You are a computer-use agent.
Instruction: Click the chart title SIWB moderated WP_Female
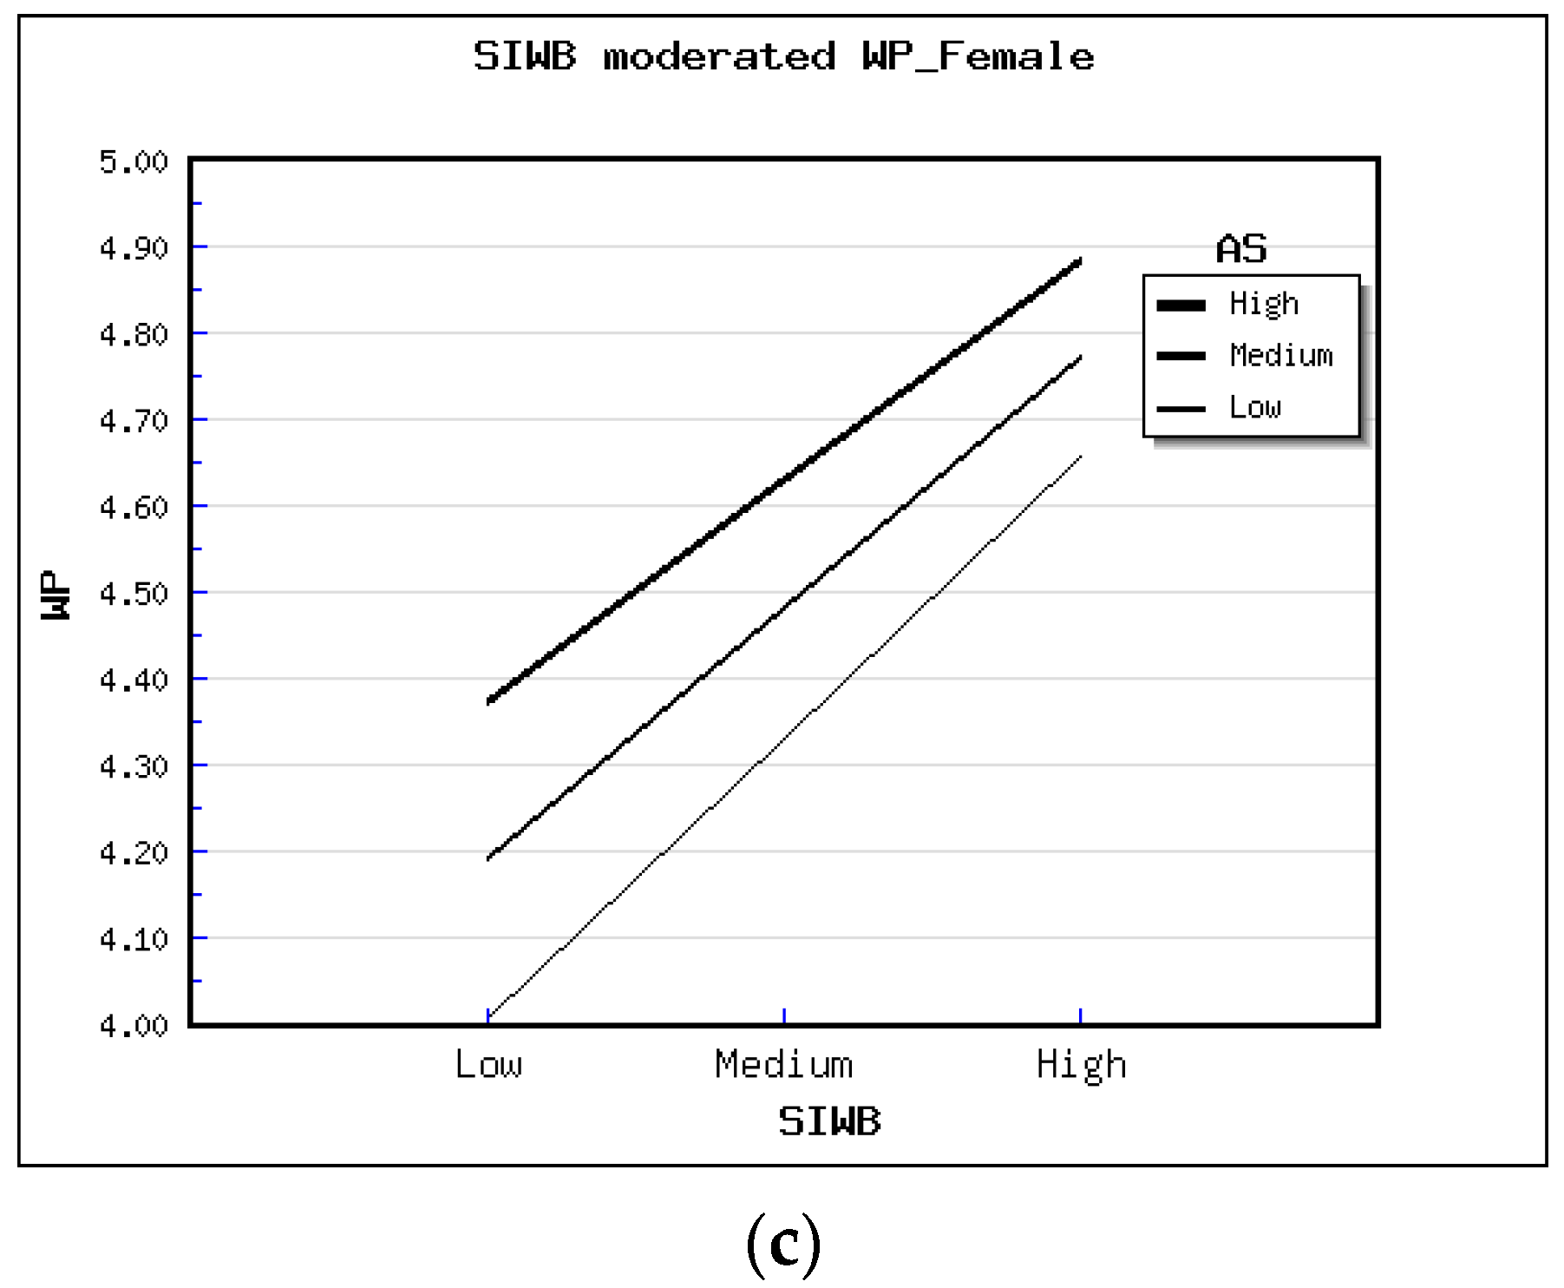click(x=783, y=57)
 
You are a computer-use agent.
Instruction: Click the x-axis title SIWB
click(x=829, y=1121)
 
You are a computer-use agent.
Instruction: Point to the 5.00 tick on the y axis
click(x=134, y=162)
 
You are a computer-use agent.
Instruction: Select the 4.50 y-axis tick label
click(x=134, y=595)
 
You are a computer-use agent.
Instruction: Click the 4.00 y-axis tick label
click(x=134, y=1026)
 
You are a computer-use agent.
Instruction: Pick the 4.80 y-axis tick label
click(x=134, y=335)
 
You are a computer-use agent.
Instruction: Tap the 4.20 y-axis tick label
click(x=134, y=853)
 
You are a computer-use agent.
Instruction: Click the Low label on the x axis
click(x=488, y=1064)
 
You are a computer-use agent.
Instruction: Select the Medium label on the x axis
click(x=784, y=1064)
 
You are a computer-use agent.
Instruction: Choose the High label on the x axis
click(x=1081, y=1064)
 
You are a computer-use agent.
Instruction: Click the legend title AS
click(x=1241, y=250)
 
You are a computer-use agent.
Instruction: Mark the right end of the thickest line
click(x=1080, y=260)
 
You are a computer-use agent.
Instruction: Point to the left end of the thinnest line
click(x=488, y=1016)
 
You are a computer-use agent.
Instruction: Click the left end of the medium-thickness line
click(x=488, y=858)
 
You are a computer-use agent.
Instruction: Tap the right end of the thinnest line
click(x=1080, y=457)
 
